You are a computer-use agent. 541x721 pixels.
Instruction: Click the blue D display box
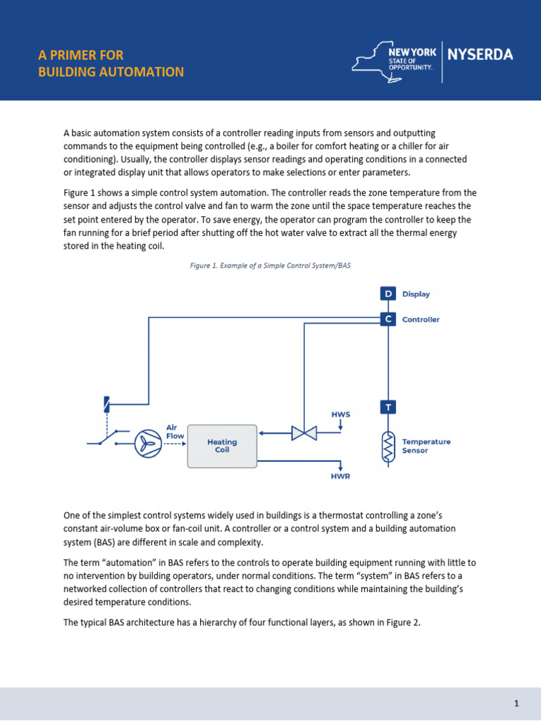pyautogui.click(x=388, y=294)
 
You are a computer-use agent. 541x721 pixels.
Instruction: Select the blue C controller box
pyautogui.click(x=388, y=319)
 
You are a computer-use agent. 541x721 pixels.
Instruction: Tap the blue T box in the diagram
pyautogui.click(x=388, y=407)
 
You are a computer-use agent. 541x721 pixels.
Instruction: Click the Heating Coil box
pyautogui.click(x=222, y=446)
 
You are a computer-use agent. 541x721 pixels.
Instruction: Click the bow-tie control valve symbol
pyautogui.click(x=304, y=433)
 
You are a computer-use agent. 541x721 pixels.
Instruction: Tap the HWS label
pyautogui.click(x=340, y=414)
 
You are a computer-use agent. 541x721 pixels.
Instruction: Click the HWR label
pyautogui.click(x=340, y=477)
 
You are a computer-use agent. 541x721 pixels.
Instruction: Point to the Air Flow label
pyautogui.click(x=175, y=431)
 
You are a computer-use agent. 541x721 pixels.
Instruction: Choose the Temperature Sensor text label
pyautogui.click(x=426, y=446)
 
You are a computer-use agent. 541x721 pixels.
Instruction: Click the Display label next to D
pyautogui.click(x=416, y=294)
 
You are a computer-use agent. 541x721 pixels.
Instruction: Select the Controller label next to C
pyautogui.click(x=421, y=320)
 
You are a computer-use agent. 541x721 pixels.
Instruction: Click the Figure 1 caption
pyautogui.click(x=270, y=266)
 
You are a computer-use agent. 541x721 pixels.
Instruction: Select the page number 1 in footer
pyautogui.click(x=516, y=703)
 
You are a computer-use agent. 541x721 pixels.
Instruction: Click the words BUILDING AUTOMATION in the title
pyautogui.click(x=111, y=72)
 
